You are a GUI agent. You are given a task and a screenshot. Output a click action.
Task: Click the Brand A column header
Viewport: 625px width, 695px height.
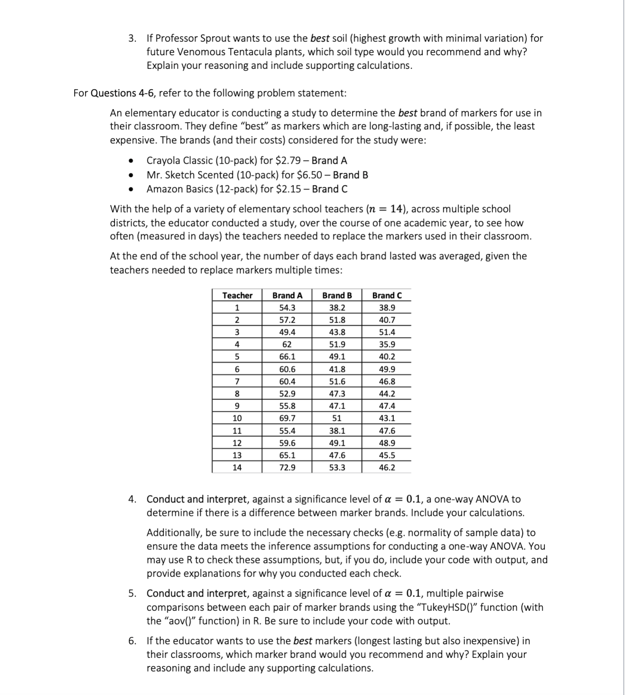[287, 295]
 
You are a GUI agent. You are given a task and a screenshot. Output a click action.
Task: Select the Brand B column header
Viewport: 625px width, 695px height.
[337, 295]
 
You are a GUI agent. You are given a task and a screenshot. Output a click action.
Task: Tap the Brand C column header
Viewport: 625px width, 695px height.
[387, 295]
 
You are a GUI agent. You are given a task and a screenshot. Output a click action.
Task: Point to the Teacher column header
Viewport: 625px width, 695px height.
[237, 295]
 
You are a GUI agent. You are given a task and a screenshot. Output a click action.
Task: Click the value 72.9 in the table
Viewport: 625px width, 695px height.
[287, 467]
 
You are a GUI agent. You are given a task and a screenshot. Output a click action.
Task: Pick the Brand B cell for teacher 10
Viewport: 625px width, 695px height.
[337, 418]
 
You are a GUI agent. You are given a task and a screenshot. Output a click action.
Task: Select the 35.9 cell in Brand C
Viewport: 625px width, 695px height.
[387, 344]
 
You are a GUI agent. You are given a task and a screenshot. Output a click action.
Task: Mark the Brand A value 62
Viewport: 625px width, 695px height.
[287, 344]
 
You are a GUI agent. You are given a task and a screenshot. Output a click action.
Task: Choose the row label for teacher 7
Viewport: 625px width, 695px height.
[237, 381]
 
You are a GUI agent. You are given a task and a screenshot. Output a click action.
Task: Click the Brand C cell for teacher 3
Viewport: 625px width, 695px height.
[387, 332]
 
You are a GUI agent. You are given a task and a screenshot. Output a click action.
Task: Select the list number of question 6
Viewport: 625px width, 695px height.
[132, 641]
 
